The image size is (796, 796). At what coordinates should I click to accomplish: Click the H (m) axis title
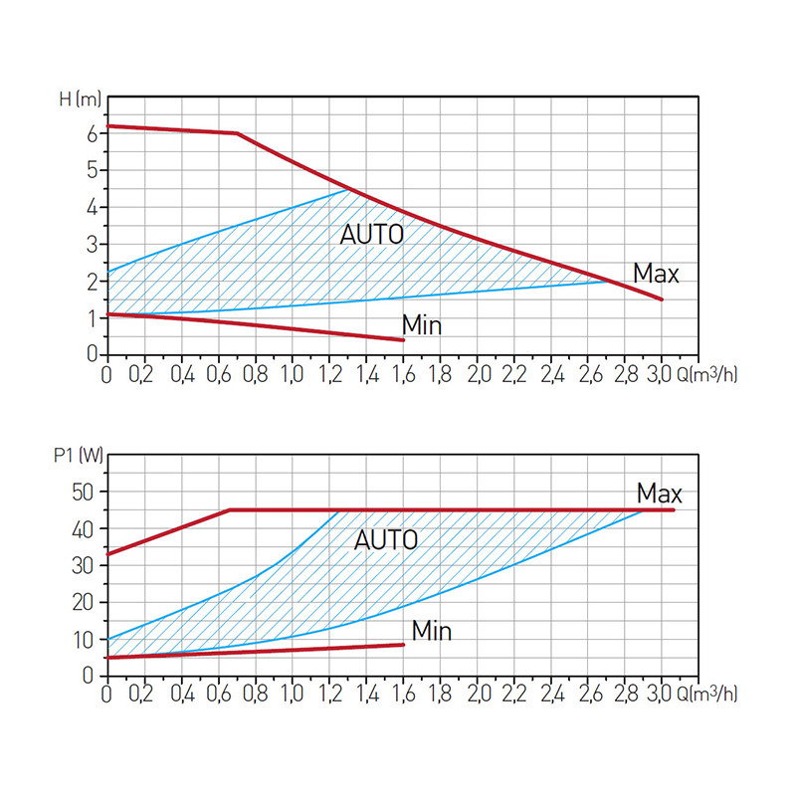coord(80,99)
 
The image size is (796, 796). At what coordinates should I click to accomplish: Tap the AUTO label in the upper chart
coord(372,236)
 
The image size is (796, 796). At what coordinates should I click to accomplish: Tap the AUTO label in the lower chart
coord(386,540)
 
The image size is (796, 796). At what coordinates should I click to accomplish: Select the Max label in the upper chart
coord(656,273)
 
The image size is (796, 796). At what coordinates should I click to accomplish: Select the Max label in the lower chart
coord(660,493)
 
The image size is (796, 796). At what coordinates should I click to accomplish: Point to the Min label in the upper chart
coord(421,325)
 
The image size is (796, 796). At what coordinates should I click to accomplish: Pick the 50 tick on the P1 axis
coord(85,492)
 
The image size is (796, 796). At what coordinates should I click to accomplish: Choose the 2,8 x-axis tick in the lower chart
coord(625,695)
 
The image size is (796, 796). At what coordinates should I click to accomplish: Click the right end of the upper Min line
coord(403,340)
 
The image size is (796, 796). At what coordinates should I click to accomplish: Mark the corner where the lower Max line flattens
coord(231,510)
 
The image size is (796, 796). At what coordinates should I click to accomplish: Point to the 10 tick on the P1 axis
coord(85,639)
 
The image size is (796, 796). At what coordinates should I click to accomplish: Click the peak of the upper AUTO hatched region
coord(347,189)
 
